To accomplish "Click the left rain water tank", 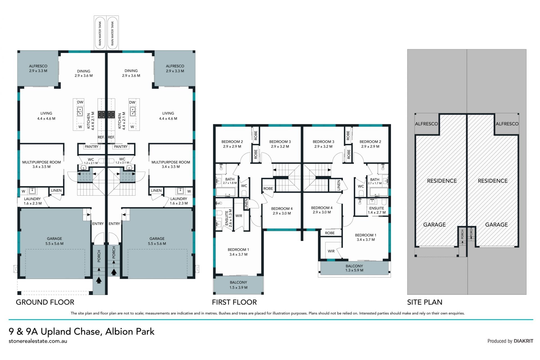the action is [100, 33].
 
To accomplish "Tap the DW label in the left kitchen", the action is [80, 102].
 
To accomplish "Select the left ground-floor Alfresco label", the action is [38, 66].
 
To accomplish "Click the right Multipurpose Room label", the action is [171, 162].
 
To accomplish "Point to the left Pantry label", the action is [91, 147].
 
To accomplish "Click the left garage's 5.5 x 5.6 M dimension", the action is [54, 243].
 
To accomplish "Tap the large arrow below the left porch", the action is [99, 280].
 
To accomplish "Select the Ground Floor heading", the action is [45, 302].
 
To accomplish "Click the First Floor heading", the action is [234, 302].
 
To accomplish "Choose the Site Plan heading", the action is [425, 302].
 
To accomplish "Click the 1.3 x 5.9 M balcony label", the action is [354, 270].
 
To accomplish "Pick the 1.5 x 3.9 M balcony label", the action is [238, 288].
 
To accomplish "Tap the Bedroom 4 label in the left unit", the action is [282, 209].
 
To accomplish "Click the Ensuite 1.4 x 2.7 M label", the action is [377, 211].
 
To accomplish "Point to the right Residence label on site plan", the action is [493, 181].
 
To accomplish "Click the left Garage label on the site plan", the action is [435, 225].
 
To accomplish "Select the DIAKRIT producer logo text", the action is [523, 341].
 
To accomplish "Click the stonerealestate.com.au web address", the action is [38, 341].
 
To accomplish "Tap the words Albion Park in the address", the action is [130, 332].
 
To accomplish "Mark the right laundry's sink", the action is [180, 191].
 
